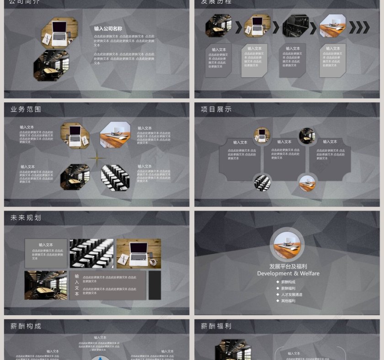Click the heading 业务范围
pyautogui.click(x=26, y=110)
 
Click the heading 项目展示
pyautogui.click(x=216, y=110)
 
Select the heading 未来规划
pyautogui.click(x=26, y=218)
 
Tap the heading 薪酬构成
pyautogui.click(x=26, y=326)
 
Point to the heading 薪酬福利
pyautogui.click(x=216, y=326)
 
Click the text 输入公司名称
pyautogui.click(x=108, y=29)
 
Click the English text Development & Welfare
pyautogui.click(x=288, y=274)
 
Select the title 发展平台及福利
pyautogui.click(x=288, y=266)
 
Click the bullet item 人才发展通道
pyautogui.click(x=292, y=295)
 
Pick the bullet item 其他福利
pyautogui.click(x=288, y=301)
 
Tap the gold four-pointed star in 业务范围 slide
pyautogui.click(x=96, y=159)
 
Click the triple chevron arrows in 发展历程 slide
pyautogui.click(x=359, y=28)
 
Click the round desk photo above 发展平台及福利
pyautogui.click(x=287, y=245)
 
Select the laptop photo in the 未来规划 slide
pyautogui.click(x=139, y=254)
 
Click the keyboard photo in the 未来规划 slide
pyautogui.click(x=91, y=254)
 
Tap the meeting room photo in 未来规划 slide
pyautogui.click(x=46, y=286)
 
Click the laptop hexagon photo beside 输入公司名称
pyautogui.click(x=60, y=33)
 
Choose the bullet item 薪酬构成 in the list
pyautogui.click(x=288, y=282)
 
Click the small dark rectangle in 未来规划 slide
pyautogui.click(x=155, y=286)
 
